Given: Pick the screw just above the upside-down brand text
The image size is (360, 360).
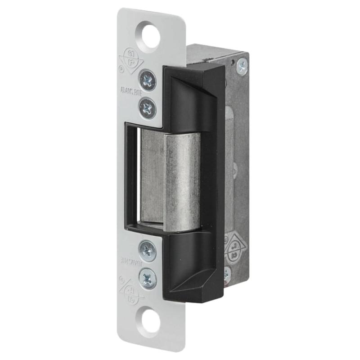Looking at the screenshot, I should (147, 249).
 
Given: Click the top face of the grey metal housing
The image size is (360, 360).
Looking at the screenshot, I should (211, 52).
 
